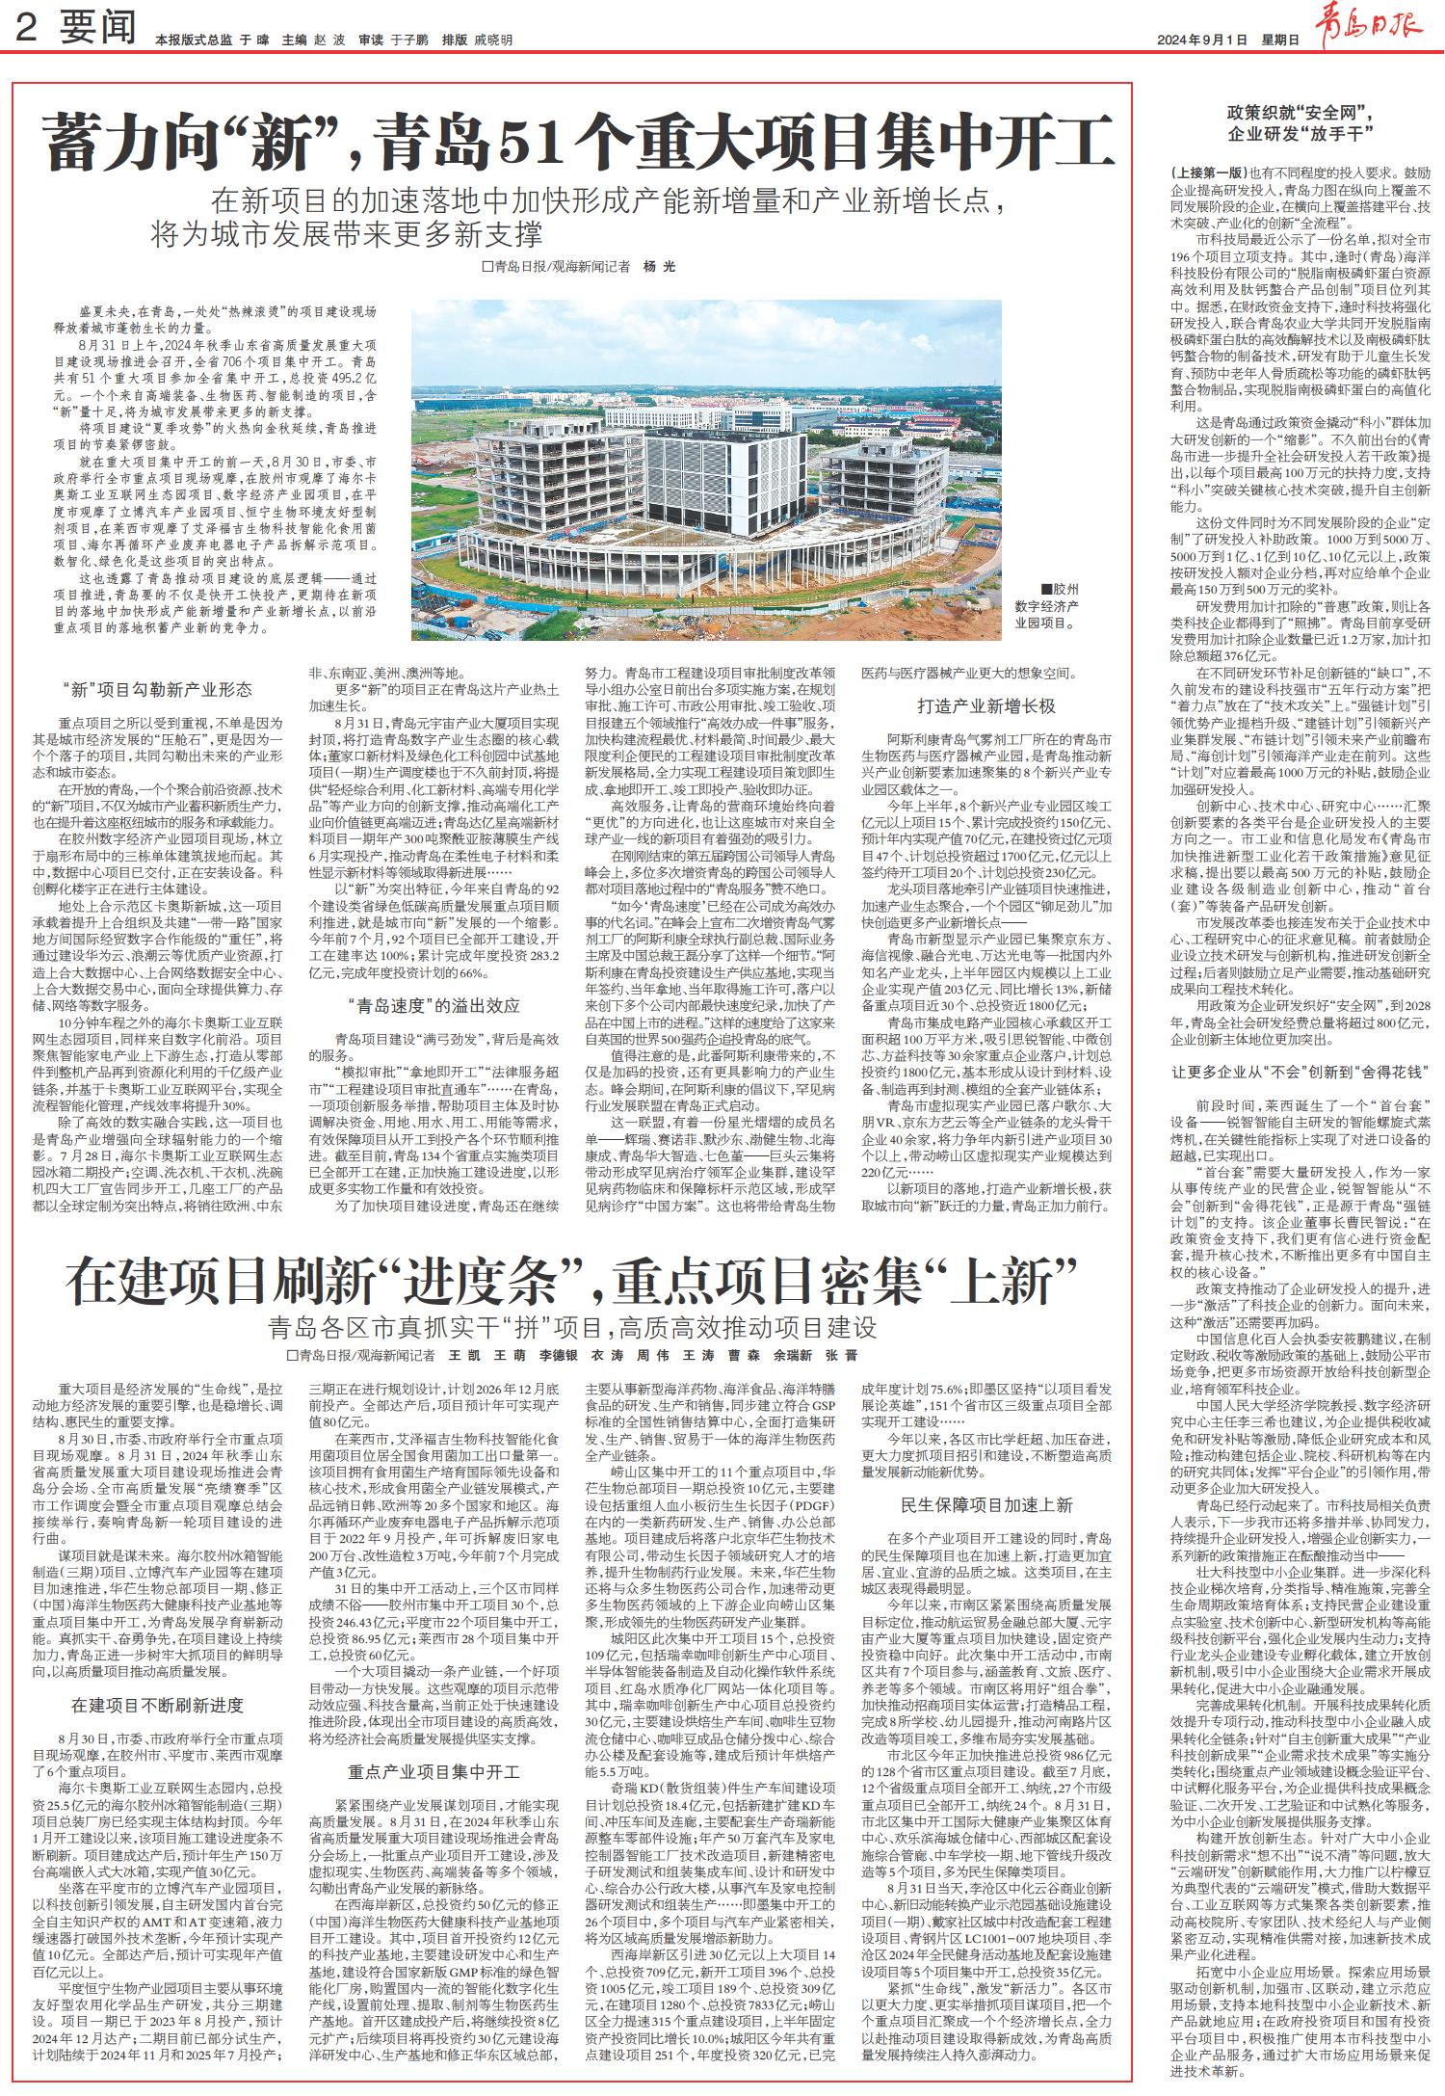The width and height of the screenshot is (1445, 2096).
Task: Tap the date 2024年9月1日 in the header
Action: point(1203,40)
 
